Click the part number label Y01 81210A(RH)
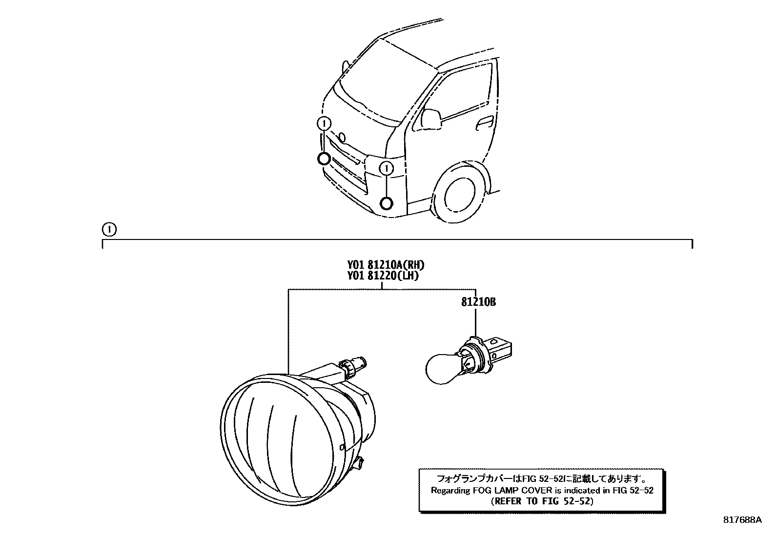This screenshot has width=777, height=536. click(x=386, y=265)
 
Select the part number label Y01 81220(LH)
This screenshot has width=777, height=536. click(x=383, y=276)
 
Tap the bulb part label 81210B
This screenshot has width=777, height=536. click(x=478, y=302)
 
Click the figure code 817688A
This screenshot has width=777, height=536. click(x=742, y=520)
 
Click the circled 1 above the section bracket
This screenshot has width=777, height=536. click(x=108, y=229)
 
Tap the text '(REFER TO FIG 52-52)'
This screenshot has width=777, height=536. click(x=542, y=501)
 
